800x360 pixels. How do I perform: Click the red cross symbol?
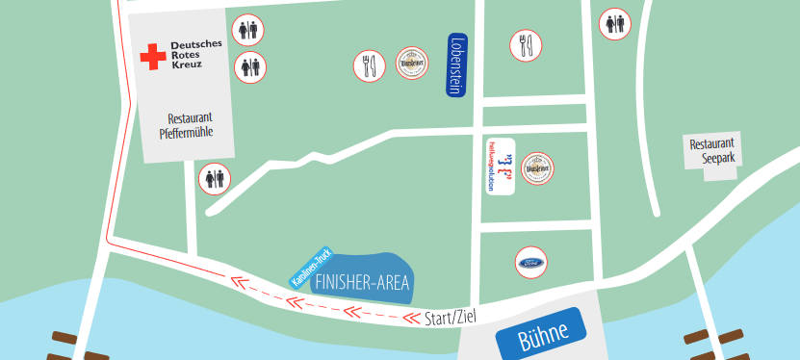click(152, 57)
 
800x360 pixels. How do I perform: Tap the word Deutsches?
click(196, 45)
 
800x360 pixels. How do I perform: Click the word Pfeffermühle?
click(186, 133)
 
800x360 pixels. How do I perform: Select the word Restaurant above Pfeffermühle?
click(189, 117)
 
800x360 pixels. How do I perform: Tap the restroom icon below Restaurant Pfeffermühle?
click(215, 178)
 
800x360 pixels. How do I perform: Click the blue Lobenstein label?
click(457, 64)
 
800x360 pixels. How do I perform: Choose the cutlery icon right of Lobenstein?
click(526, 45)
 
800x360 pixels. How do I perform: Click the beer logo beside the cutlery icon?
click(412, 64)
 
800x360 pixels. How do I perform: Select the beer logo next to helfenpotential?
click(537, 168)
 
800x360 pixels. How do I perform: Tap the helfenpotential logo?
click(500, 167)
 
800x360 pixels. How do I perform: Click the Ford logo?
click(530, 262)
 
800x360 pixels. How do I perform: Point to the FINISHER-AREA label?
click(362, 282)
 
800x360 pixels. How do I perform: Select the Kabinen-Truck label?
click(311, 267)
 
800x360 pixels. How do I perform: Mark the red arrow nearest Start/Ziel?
click(357, 311)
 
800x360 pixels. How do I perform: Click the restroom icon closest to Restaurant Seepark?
click(615, 23)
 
